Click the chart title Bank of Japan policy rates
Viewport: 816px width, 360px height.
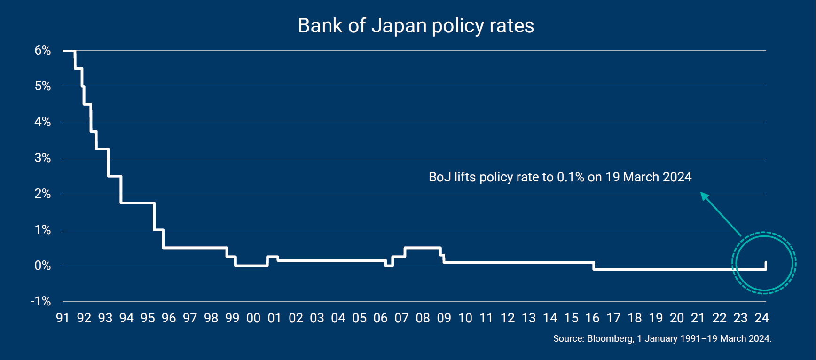point(416,26)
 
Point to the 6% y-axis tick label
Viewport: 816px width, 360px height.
point(42,50)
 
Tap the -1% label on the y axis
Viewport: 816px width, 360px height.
point(40,301)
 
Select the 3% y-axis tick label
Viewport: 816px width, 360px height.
point(42,158)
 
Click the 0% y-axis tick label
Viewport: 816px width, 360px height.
point(42,266)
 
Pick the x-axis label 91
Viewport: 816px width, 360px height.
point(63,318)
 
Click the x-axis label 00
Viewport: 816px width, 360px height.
point(253,318)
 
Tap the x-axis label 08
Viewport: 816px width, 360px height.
point(423,318)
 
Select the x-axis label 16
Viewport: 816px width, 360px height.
point(592,318)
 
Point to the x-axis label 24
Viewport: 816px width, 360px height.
point(761,318)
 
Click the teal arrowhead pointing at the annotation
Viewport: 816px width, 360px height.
point(704,196)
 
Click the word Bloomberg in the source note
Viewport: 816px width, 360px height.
point(610,338)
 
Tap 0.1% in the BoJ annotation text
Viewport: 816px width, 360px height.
point(570,177)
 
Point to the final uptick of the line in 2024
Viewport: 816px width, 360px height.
point(766,265)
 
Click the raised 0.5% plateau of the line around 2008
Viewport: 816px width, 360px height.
point(423,248)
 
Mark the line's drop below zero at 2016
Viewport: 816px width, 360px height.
point(594,266)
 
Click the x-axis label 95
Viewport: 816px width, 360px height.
point(148,318)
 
